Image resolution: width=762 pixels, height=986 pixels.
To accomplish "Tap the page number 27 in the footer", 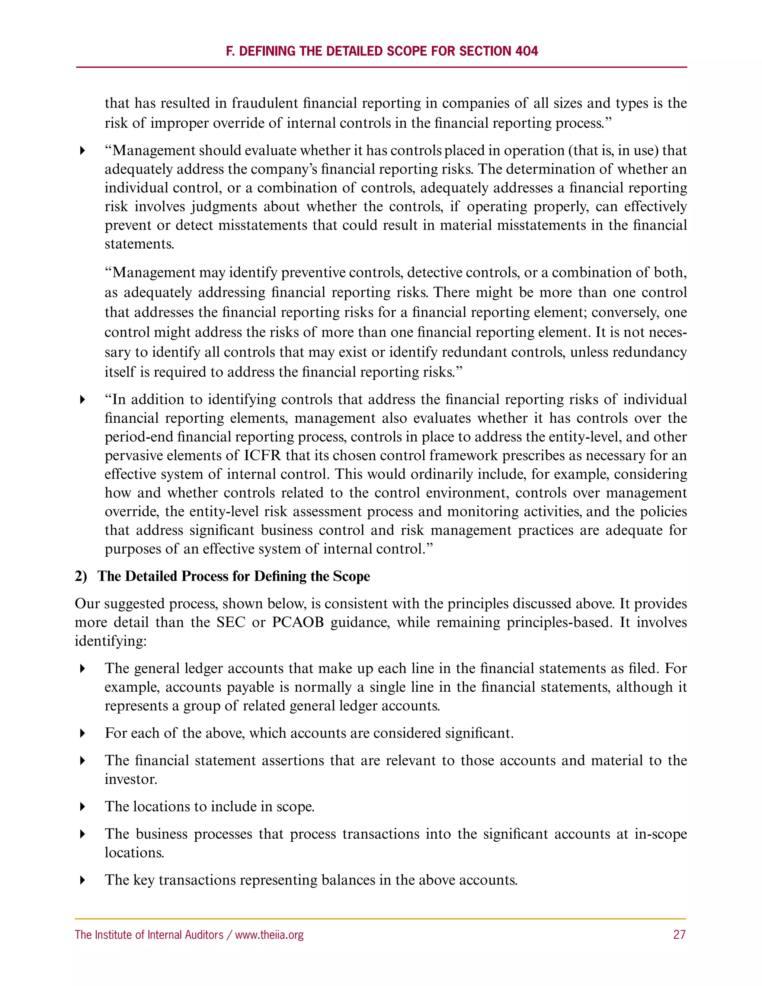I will point(679,935).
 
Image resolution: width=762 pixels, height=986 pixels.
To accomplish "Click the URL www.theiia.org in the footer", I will point(269,935).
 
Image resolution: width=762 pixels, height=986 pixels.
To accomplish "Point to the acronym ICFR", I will point(262,455).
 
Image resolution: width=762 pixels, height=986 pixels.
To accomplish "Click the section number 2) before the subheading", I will point(81,576).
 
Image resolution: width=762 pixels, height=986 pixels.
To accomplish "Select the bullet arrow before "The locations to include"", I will point(82,807).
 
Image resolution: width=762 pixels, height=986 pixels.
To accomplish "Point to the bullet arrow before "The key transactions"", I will point(82,880).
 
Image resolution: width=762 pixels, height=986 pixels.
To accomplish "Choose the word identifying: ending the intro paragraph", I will point(111,641).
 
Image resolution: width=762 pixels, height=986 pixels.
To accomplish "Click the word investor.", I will point(131,779).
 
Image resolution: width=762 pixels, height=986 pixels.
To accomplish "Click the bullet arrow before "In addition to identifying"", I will point(82,400).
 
